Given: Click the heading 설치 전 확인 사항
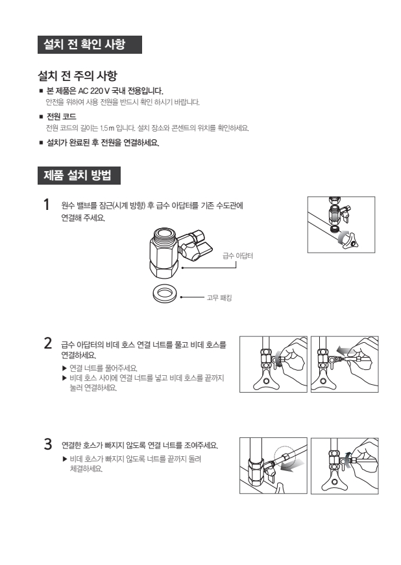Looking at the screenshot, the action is tap(84, 44).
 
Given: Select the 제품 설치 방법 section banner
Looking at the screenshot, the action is tap(79, 176).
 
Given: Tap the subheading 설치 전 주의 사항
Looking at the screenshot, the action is tap(78, 76).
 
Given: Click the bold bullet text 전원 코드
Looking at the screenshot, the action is tap(62, 117).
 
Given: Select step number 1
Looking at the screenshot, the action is tap(46, 205).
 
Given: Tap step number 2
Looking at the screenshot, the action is tap(47, 343).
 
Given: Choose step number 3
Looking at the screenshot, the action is tap(47, 444).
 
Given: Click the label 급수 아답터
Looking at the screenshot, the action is tap(237, 256).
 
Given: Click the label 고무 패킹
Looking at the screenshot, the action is tap(219, 297).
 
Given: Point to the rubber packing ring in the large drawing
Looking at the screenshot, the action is tap(165, 294).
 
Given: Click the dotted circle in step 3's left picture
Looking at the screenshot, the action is tap(284, 457).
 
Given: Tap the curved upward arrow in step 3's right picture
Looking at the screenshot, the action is tap(347, 459).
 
